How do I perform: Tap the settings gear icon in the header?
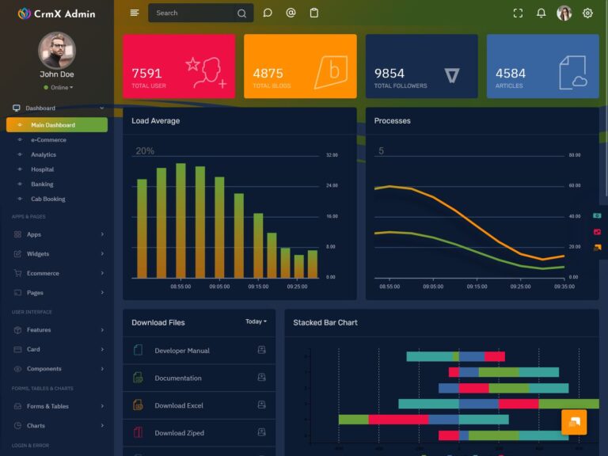[587, 13]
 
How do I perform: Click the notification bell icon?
[541, 13]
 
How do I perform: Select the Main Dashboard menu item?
[53, 125]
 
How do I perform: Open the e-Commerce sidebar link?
[48, 140]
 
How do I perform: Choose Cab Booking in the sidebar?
[48, 199]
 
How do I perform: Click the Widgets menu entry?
[38, 254]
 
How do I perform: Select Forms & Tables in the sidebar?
[47, 406]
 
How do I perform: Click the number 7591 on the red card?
[146, 74]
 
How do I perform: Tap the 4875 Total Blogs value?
[268, 74]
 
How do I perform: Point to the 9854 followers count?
[389, 74]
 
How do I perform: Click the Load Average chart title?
[155, 121]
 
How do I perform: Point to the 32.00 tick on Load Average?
[332, 155]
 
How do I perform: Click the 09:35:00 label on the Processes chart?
[564, 287]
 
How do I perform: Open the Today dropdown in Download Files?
[256, 321]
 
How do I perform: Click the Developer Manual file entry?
[182, 351]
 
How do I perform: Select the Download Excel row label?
[179, 405]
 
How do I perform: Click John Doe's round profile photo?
[57, 51]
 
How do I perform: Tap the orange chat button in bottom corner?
[574, 422]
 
